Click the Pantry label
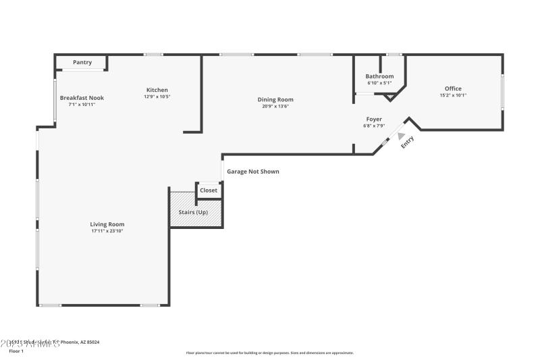point(82,62)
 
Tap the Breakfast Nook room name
point(82,98)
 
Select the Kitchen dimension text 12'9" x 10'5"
point(157,97)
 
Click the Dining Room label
point(275,99)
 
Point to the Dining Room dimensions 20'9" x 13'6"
point(275,106)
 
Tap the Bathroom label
point(379,76)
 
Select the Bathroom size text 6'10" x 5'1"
point(379,83)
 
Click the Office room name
point(453,88)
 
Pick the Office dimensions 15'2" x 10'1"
point(453,95)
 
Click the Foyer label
point(374,119)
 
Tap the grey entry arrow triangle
point(401,136)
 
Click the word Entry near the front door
point(408,143)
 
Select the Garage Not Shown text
point(252,172)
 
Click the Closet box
point(209,190)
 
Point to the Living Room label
point(107,224)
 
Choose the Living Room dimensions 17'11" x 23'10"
point(107,231)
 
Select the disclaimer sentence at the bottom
point(269,353)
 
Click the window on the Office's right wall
point(502,91)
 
